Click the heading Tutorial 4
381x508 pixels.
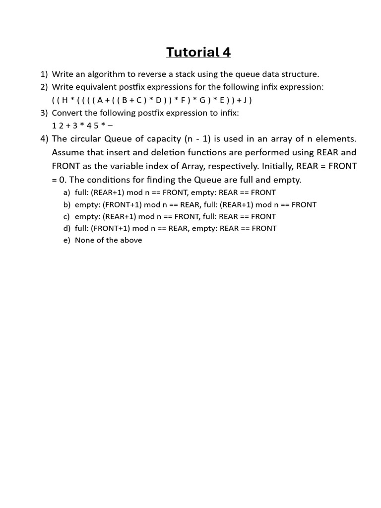pos(198,52)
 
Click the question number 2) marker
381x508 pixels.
pos(44,87)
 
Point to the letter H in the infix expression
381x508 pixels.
pos(64,100)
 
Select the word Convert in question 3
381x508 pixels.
pos(67,113)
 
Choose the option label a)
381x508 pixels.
pos(66,192)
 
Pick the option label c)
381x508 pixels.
pos(66,216)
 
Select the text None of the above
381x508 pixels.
pos(108,240)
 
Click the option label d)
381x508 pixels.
pos(66,228)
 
